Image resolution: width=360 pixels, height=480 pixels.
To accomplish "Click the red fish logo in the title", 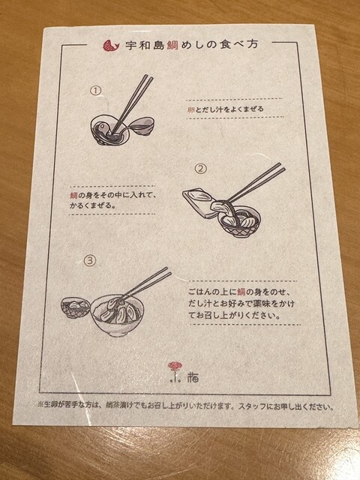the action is click(110, 46).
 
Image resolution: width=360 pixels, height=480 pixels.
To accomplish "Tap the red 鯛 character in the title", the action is click(173, 45).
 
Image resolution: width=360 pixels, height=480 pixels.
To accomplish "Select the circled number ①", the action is click(96, 91).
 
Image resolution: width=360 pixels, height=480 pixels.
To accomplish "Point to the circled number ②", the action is click(201, 169).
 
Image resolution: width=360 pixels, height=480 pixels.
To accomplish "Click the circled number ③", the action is click(90, 261).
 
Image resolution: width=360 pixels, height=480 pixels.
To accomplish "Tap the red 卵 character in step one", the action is click(191, 109).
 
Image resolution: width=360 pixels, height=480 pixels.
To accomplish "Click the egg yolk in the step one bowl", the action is click(103, 127).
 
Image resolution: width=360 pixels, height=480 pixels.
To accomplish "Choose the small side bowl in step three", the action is click(76, 307).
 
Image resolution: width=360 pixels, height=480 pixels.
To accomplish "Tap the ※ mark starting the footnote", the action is click(40, 403).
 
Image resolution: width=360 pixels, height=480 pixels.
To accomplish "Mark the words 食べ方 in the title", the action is click(238, 45).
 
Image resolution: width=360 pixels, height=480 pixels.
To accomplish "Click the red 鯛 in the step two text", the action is click(73, 195).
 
